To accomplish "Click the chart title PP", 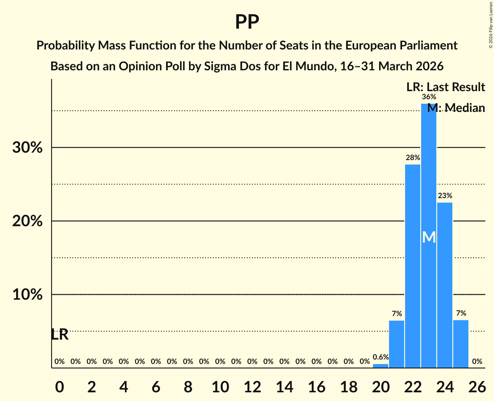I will (247, 22).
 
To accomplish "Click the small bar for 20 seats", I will (380, 366).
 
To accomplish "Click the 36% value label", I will (429, 97).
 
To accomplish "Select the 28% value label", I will (412, 158).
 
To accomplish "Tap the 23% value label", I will (445, 196).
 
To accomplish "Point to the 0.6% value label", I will (380, 357).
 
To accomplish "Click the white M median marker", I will (429, 237).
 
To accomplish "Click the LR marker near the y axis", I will (59, 335).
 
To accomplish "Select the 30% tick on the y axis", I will (27, 148).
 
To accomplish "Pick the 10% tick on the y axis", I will (27, 295).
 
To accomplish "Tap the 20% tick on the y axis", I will (27, 221).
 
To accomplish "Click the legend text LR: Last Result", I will (445, 87).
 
